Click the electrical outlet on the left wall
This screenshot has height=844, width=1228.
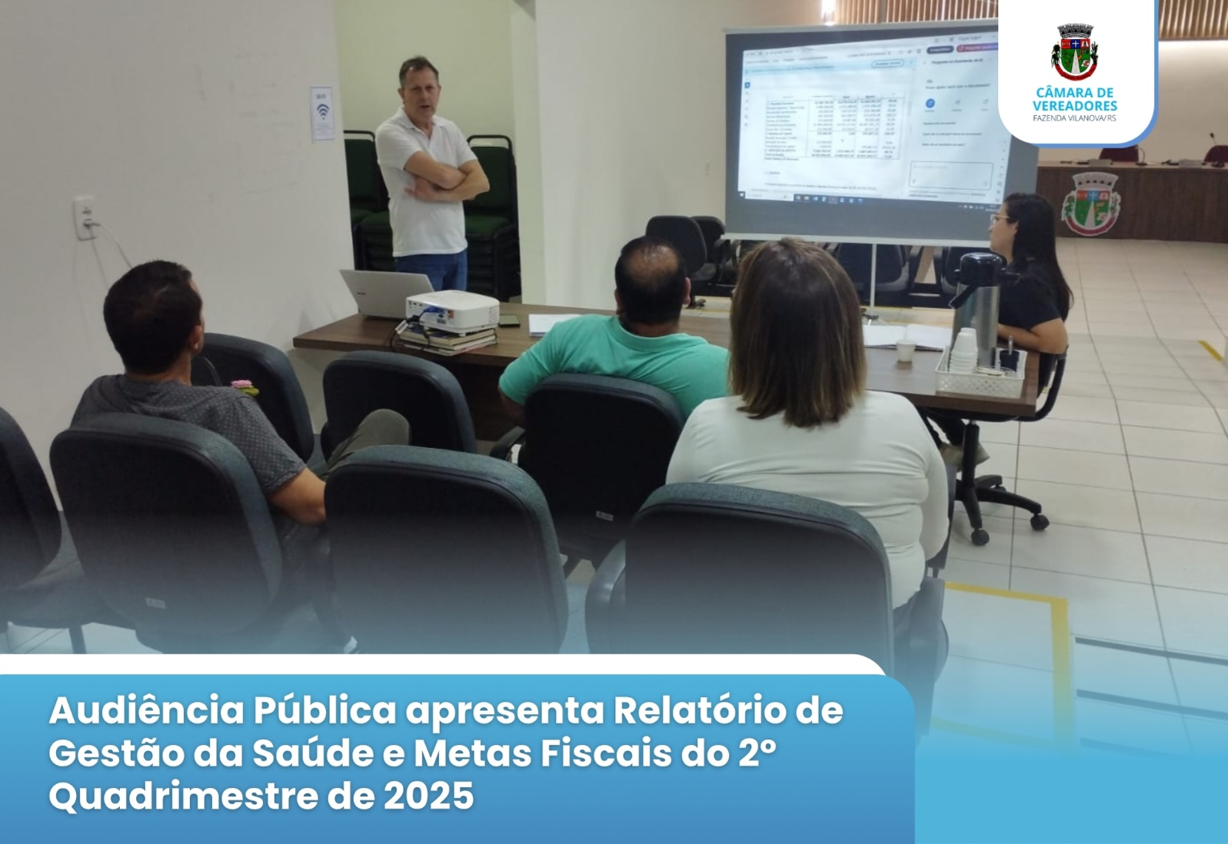[85, 218]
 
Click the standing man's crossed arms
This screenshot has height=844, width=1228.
[446, 181]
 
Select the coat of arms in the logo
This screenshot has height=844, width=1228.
[1074, 52]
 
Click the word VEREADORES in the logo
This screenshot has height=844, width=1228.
[1074, 105]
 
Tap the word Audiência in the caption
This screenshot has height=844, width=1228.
[145, 711]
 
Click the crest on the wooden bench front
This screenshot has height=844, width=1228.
[1091, 204]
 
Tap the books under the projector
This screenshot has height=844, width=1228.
[446, 339]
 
